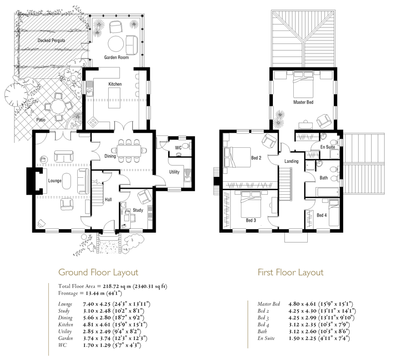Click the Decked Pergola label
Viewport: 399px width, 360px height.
tap(51, 40)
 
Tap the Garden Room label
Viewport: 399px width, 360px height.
tap(116, 57)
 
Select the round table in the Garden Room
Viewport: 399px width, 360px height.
tap(116, 44)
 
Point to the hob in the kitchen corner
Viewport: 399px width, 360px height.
tap(93, 122)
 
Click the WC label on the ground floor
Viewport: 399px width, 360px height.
tap(178, 148)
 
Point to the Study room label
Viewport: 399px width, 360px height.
tap(138, 210)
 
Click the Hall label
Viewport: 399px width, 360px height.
tap(108, 200)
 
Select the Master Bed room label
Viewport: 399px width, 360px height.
tap(303, 102)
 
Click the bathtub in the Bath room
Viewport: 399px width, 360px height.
tap(327, 192)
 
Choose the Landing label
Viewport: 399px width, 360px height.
tap(291, 161)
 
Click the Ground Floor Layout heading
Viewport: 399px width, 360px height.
tap(98, 272)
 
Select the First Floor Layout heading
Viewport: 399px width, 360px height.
tap(290, 272)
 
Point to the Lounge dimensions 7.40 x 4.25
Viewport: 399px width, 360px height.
tap(97, 304)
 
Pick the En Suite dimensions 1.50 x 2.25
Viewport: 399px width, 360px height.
tap(302, 339)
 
